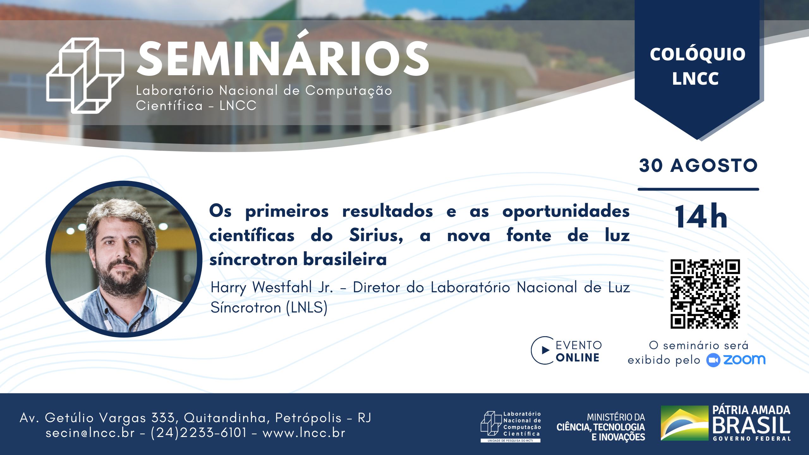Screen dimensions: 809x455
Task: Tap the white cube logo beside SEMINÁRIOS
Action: (x=85, y=75)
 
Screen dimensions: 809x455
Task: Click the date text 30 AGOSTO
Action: (x=698, y=165)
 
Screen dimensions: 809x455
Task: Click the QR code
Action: (x=705, y=294)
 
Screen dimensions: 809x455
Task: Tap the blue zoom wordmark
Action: (x=744, y=360)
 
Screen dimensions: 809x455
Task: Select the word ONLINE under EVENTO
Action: (x=578, y=357)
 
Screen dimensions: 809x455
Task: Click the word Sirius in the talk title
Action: (x=376, y=235)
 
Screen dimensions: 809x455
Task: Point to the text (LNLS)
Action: (x=307, y=307)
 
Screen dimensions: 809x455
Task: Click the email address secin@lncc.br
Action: (x=90, y=433)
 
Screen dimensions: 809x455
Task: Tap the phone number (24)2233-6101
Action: (x=198, y=433)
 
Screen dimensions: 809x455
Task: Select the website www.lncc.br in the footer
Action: (x=304, y=433)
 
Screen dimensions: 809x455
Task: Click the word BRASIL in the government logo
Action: (x=751, y=425)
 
